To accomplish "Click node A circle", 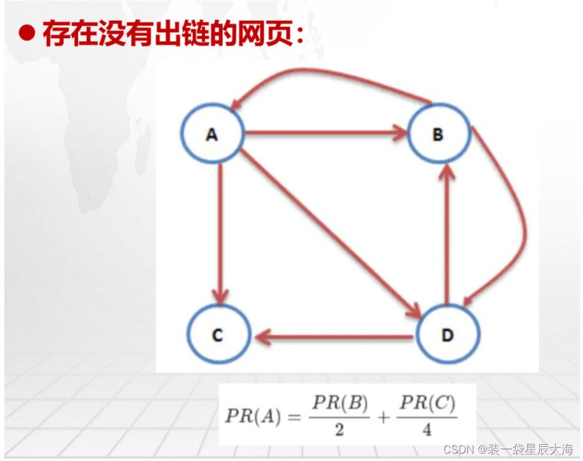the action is pyautogui.click(x=212, y=134).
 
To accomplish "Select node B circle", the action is pyautogui.click(x=438, y=134).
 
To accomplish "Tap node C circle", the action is pyautogui.click(x=218, y=336).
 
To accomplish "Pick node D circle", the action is pyautogui.click(x=447, y=336).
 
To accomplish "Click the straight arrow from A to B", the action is pyautogui.click(x=326, y=132).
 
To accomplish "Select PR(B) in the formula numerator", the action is pyautogui.click(x=340, y=403).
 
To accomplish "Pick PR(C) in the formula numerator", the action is pyautogui.click(x=427, y=403).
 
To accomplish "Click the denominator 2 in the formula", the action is pyautogui.click(x=339, y=430).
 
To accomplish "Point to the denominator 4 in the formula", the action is pyautogui.click(x=427, y=430).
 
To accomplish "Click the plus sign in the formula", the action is pyautogui.click(x=384, y=417).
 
